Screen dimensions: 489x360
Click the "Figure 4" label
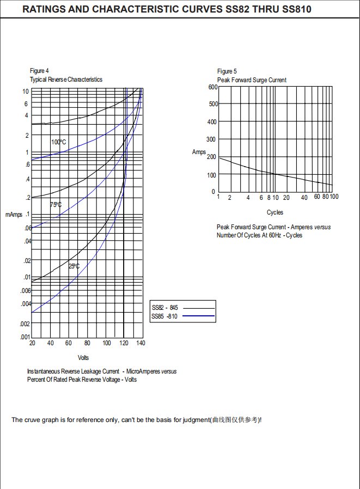pos(39,71)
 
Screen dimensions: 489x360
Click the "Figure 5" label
pos(227,71)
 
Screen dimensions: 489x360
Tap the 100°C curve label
pos(59,142)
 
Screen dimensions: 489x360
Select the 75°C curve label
pos(56,205)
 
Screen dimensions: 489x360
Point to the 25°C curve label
pos(74,266)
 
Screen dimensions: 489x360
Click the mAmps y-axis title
pos(14,215)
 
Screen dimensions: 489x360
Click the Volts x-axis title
pos(83,358)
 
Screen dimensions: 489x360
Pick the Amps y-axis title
pos(199,152)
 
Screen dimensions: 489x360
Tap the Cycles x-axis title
pos(274,212)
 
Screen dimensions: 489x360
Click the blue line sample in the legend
pos(198,316)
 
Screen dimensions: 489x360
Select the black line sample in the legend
pos(198,308)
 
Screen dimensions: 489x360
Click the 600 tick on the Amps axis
pos(213,87)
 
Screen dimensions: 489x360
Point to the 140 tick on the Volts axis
pos(141,343)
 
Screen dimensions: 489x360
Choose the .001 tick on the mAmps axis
pos(25,337)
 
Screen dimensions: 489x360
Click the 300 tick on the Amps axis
pos(211,140)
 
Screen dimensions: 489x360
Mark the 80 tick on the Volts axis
pos(87,343)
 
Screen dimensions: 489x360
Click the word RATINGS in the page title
pos(44,10)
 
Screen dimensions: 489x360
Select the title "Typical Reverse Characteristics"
pos(66,80)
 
